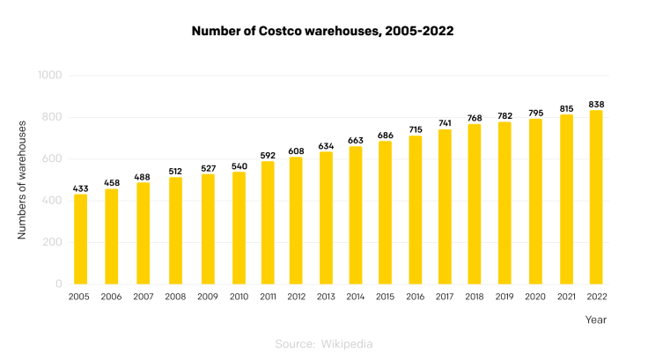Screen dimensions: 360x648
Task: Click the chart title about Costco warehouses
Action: (x=323, y=31)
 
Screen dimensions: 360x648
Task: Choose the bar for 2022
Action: (x=596, y=197)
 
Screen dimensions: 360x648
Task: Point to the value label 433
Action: (x=80, y=187)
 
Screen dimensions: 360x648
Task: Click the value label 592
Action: (x=268, y=155)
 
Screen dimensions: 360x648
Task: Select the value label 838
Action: (x=596, y=104)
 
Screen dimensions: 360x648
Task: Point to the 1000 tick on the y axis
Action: (x=49, y=76)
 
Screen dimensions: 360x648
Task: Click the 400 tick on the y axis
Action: (x=53, y=201)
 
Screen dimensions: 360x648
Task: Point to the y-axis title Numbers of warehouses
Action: (x=21, y=180)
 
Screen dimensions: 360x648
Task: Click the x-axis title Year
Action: (x=596, y=320)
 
